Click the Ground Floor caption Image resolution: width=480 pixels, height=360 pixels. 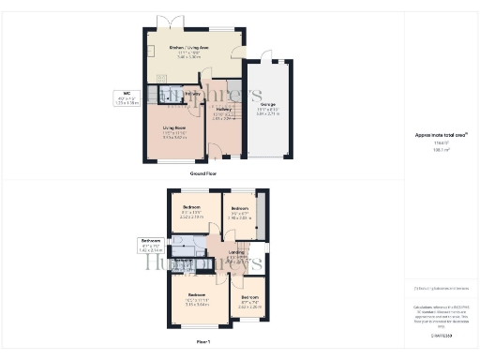click(x=204, y=174)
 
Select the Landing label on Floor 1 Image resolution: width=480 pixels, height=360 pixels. click(x=236, y=253)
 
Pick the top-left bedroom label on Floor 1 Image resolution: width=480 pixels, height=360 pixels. click(x=191, y=210)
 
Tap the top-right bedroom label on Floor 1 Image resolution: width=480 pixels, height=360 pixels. click(x=238, y=210)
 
